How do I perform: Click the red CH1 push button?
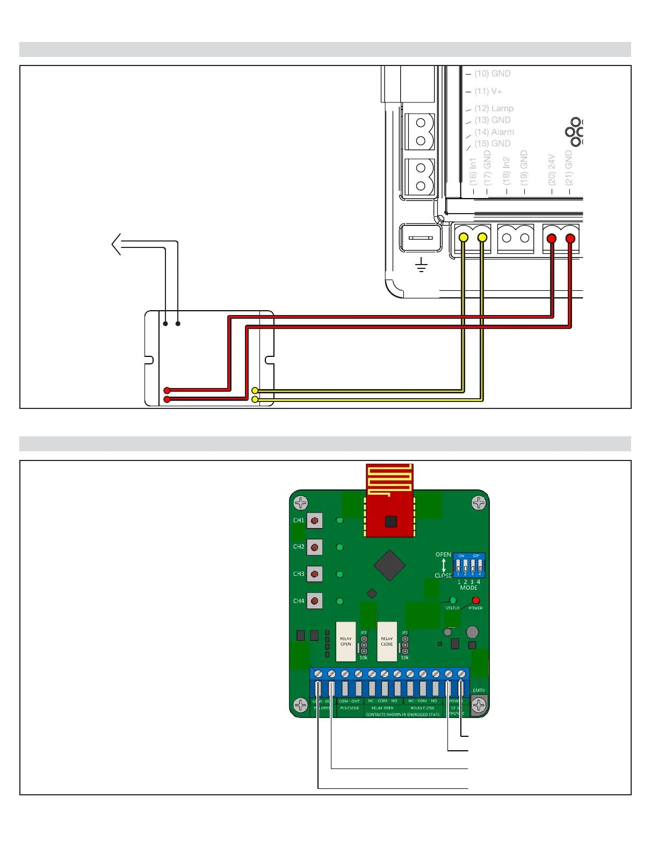click(314, 520)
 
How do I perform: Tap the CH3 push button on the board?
click(314, 574)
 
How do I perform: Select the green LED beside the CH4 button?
click(339, 601)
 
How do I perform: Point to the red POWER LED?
click(475, 600)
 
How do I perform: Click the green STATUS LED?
click(453, 600)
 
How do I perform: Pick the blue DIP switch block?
click(469, 565)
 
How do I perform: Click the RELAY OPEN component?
click(345, 641)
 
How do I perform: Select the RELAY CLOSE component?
click(387, 641)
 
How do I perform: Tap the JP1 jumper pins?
click(405, 645)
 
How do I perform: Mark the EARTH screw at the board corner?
click(479, 704)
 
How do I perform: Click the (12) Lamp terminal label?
click(494, 108)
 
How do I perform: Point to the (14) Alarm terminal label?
click(494, 132)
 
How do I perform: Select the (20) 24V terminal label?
click(551, 170)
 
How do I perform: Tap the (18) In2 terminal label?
click(506, 171)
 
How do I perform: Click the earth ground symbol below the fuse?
click(422, 265)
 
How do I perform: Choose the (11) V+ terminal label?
click(488, 91)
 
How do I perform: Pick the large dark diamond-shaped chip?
click(389, 565)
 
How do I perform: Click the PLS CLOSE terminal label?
click(349, 708)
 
